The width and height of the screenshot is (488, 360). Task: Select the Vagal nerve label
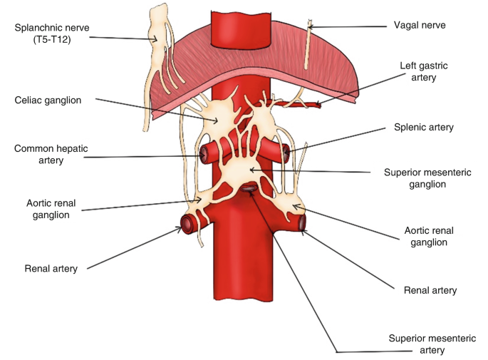pos(419,25)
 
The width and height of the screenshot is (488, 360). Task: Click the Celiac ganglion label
pos(48,101)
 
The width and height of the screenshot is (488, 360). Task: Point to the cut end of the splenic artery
pos(286,152)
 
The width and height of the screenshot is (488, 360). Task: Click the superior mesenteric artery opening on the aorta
pos(249,188)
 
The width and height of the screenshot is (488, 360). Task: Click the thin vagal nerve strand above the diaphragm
pos(309,43)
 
